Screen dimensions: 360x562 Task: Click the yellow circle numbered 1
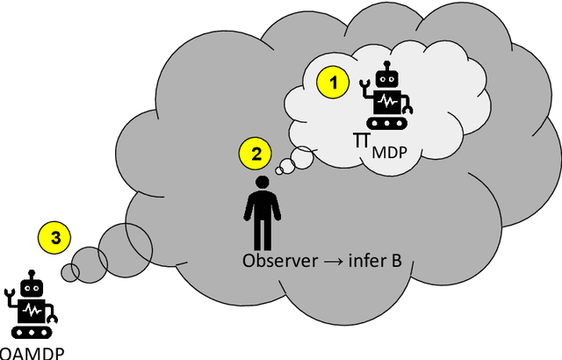[x=332, y=84]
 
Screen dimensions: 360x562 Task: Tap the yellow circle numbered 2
[x=256, y=155]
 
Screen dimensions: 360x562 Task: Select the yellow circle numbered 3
[x=55, y=237]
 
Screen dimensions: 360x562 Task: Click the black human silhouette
[x=261, y=214]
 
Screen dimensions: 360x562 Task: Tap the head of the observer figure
[x=261, y=184]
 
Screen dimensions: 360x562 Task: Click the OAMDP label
[x=32, y=353]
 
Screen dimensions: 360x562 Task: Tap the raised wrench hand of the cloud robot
[x=365, y=85]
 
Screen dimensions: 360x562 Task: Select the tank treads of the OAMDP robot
[x=32, y=332]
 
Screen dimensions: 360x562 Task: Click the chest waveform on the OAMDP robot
[x=32, y=311]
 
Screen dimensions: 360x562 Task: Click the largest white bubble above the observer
[x=300, y=159]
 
